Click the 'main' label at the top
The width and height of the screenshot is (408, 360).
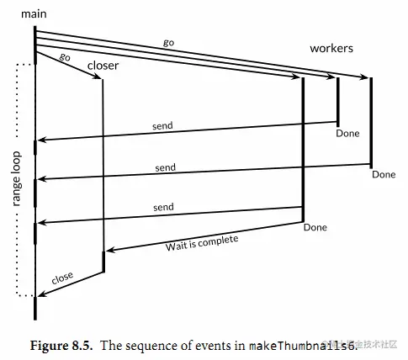click(34, 14)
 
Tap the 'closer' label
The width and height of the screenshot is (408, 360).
click(103, 66)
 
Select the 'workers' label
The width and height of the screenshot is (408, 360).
click(331, 48)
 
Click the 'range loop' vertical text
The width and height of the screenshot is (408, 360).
click(17, 179)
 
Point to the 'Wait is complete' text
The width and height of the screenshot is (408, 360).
click(202, 243)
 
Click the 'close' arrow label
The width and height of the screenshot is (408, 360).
click(62, 278)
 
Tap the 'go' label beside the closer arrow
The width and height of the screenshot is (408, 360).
click(65, 57)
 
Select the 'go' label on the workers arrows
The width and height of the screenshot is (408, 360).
click(169, 43)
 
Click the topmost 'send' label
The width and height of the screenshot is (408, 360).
click(162, 126)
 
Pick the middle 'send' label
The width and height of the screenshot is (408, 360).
click(166, 167)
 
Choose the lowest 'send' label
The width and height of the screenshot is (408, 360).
click(163, 207)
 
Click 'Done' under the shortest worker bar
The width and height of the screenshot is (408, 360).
click(347, 133)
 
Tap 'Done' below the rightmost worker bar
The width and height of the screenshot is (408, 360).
click(384, 174)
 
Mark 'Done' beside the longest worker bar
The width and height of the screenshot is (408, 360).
click(315, 227)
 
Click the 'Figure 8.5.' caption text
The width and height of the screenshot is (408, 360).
click(61, 346)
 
